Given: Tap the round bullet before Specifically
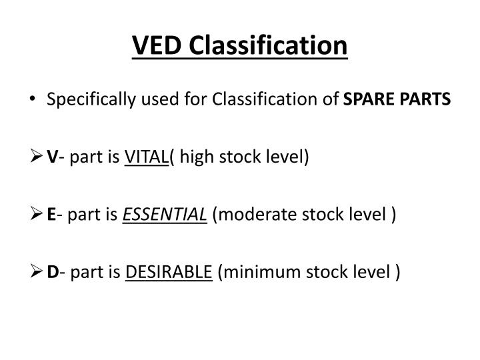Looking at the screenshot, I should click(x=33, y=101).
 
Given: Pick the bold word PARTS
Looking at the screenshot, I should click(x=426, y=101).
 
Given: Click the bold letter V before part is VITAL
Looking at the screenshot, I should click(x=52, y=158).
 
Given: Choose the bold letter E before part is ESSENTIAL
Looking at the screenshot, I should click(x=51, y=215).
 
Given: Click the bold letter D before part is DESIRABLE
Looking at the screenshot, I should click(x=53, y=273).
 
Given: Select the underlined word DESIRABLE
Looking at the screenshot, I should click(x=169, y=273).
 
